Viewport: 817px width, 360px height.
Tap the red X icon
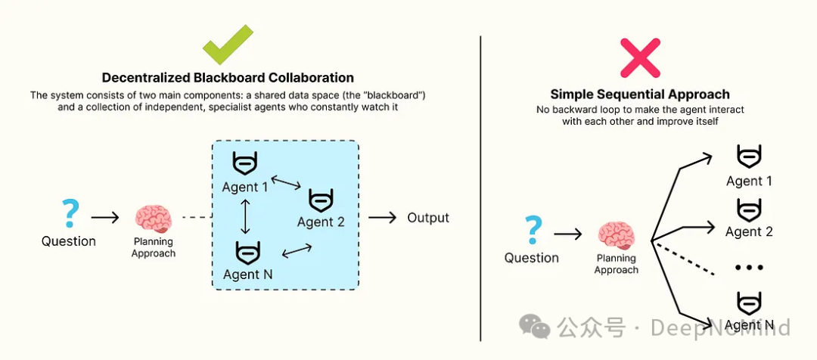pos(641,57)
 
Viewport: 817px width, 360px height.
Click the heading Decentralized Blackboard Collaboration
pos(228,78)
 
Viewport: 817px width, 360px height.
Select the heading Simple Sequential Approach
pos(640,95)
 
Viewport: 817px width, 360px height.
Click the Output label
pos(427,217)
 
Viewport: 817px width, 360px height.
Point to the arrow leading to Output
pos(383,217)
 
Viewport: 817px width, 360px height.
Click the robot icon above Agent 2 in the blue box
pos(321,200)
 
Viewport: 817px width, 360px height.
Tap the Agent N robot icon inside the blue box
pos(248,253)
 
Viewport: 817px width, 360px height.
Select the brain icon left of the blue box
pos(153,219)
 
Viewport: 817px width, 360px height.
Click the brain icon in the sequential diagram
pos(616,236)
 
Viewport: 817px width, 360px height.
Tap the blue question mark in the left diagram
pos(70,214)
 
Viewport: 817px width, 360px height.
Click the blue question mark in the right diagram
pos(533,231)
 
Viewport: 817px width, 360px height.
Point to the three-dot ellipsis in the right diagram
pos(749,267)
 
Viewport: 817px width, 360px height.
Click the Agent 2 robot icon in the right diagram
pos(749,210)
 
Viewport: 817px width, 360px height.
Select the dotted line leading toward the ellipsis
pos(682,257)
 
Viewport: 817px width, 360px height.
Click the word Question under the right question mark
pos(532,258)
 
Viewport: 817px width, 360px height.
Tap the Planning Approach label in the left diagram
pos(153,247)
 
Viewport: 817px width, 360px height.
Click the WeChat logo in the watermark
pos(535,326)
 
